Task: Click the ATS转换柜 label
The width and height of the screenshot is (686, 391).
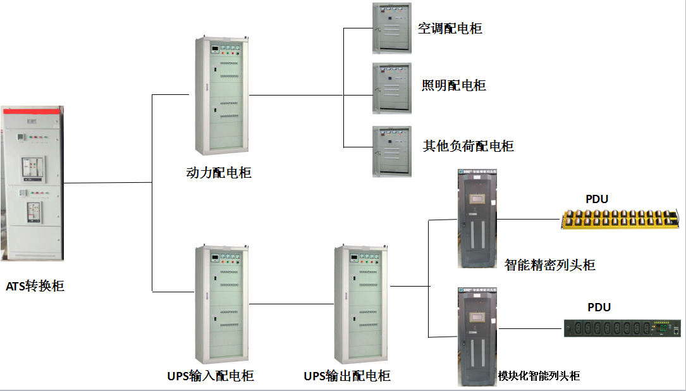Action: pyautogui.click(x=35, y=286)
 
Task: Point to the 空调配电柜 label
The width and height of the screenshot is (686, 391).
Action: pyautogui.click(x=450, y=28)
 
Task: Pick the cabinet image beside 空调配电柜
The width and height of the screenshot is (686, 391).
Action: pyautogui.click(x=391, y=28)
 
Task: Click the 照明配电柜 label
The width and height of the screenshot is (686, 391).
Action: pyautogui.click(x=453, y=85)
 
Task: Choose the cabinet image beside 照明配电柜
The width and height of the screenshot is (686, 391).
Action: pyautogui.click(x=391, y=88)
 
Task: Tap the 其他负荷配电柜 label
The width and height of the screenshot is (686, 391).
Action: pyautogui.click(x=468, y=146)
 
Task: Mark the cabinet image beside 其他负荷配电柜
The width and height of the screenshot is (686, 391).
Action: pyautogui.click(x=391, y=151)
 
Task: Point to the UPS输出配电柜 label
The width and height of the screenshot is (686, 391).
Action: pyautogui.click(x=347, y=376)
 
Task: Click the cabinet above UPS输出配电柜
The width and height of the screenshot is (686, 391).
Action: pyautogui.click(x=362, y=304)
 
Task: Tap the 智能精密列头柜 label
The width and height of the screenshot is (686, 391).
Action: pyautogui.click(x=550, y=265)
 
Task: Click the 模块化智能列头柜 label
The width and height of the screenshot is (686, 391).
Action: pyautogui.click(x=539, y=376)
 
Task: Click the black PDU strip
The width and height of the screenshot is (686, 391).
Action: pyautogui.click(x=623, y=328)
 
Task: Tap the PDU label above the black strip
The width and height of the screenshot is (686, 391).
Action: pyautogui.click(x=599, y=307)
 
